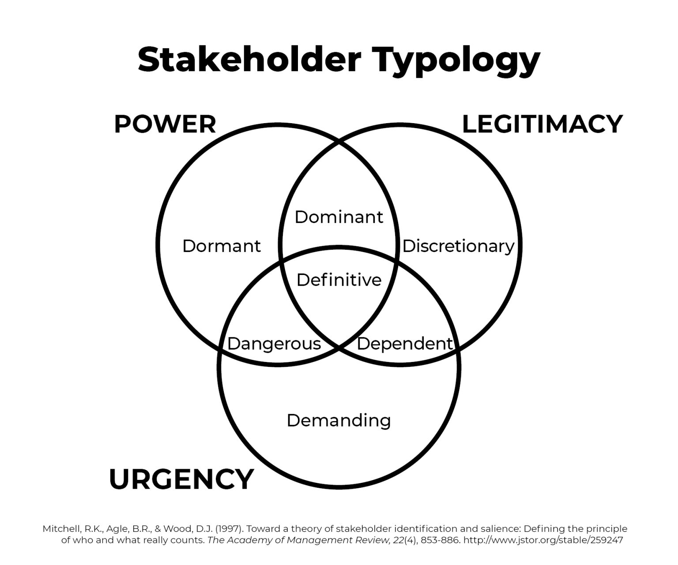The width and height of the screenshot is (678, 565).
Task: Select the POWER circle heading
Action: point(165,124)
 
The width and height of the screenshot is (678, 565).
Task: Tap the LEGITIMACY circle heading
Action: point(542,124)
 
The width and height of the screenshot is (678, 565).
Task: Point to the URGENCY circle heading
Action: point(181,479)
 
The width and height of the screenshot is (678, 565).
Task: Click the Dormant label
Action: point(222,246)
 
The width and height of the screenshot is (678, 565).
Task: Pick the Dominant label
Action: point(339,217)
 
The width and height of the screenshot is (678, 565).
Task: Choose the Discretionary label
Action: point(458,246)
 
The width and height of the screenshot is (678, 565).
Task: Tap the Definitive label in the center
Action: point(339,280)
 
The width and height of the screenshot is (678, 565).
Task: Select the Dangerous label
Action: point(274,343)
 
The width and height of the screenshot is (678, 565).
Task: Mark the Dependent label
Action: point(405,343)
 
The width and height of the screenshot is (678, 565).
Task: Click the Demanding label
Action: point(339,420)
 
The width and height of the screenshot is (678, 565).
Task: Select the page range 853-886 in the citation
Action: point(440,540)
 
